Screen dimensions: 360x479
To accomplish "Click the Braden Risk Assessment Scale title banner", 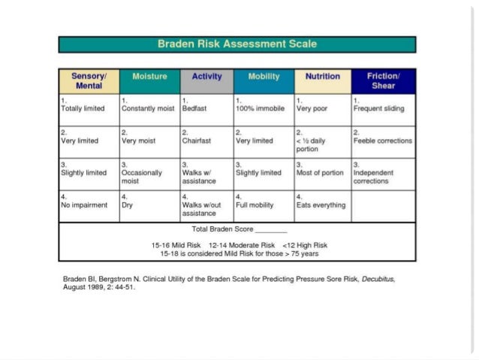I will [x=237, y=44].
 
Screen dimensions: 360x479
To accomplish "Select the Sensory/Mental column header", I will [x=89, y=81].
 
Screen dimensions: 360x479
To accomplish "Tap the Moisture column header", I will [x=149, y=77].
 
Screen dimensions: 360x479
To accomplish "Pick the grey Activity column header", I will [x=206, y=77].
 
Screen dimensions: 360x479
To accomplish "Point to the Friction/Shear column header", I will [x=383, y=81].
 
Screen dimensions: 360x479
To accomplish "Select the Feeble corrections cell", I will [x=383, y=141].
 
